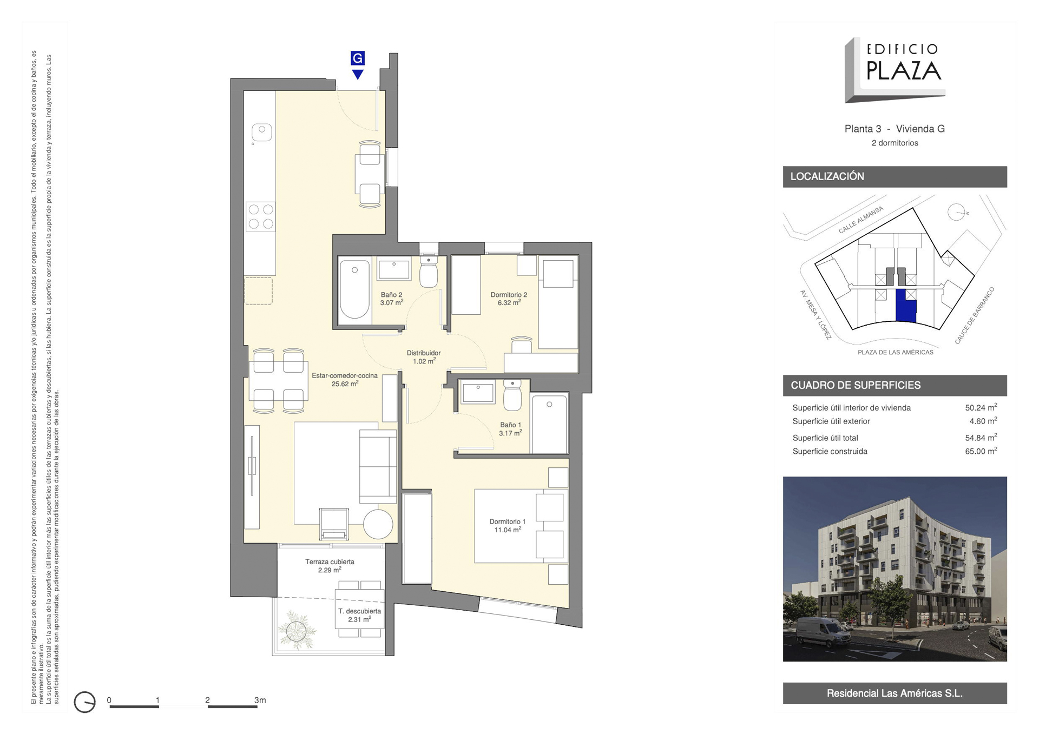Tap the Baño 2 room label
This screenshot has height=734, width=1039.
[x=391, y=299]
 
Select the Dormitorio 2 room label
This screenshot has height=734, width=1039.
[x=509, y=299]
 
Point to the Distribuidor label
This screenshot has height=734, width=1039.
[x=424, y=357]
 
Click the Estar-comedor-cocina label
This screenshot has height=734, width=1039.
[x=345, y=379]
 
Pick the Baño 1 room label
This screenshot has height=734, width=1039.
[x=510, y=429]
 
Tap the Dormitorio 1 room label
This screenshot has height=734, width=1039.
[x=508, y=526]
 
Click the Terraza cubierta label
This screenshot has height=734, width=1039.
[x=330, y=566]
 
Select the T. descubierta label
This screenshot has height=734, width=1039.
[x=360, y=615]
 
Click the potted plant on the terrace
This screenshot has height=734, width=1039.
[x=297, y=630]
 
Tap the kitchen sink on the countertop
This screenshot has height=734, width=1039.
[x=261, y=132]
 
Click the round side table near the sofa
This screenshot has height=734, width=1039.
[x=378, y=524]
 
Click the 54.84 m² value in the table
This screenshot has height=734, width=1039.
[x=981, y=437]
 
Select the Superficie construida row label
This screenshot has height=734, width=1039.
[x=830, y=451]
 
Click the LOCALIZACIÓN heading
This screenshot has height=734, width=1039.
[x=827, y=176]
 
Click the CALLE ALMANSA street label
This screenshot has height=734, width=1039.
[x=861, y=220]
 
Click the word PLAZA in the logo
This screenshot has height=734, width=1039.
[x=904, y=70]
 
